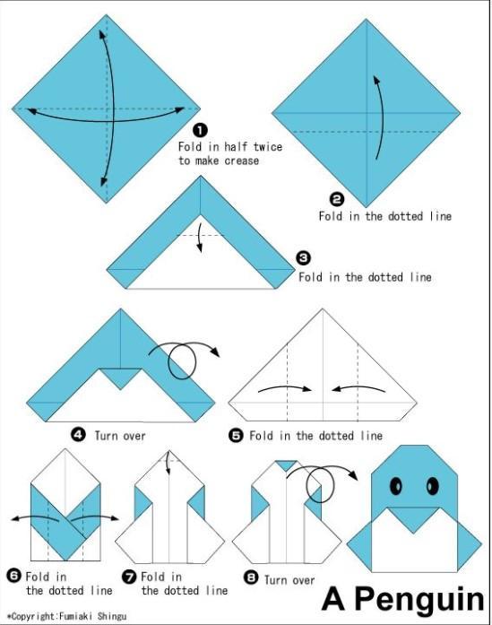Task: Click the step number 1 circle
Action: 201,130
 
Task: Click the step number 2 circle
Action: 337,200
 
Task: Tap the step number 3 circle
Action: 303,259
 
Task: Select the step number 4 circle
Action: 78,435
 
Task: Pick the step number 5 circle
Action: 236,435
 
